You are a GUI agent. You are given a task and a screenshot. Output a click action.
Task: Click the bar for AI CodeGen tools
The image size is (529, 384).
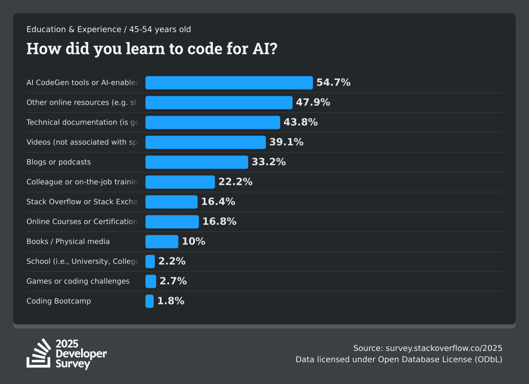pos(229,83)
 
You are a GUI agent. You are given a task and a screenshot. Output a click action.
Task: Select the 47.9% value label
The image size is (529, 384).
pos(313,102)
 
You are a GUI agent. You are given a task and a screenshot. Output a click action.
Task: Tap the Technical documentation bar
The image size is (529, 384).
pos(212,122)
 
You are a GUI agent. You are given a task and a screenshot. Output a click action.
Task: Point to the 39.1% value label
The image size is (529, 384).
pos(287,142)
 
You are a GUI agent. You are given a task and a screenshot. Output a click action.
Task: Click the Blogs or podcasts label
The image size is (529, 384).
pos(59,162)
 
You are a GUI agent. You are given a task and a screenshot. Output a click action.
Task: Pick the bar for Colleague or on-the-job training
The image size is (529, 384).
pos(180,182)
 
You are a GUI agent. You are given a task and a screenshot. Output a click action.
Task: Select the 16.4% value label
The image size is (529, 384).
pos(218,202)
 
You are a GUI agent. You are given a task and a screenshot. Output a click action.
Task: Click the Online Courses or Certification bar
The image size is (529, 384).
pos(172,222)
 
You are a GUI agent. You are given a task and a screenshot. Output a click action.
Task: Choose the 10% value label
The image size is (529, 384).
pos(194,241)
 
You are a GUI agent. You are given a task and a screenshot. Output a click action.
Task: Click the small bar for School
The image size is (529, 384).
pos(150,261)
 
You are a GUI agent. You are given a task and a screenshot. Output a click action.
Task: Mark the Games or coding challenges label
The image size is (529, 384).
pos(78,281)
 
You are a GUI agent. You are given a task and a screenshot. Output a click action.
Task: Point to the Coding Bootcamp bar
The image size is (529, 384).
pos(149,301)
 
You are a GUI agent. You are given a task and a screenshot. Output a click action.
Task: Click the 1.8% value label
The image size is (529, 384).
pos(171,301)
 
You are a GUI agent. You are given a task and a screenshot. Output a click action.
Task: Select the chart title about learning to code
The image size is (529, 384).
pos(152,49)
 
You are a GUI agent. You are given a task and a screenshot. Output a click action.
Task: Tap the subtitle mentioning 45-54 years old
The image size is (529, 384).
pos(108,30)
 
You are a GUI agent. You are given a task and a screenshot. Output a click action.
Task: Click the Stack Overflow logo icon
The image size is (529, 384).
pos(39,353)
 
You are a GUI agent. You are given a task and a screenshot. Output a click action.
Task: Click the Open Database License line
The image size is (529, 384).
pos(399,359)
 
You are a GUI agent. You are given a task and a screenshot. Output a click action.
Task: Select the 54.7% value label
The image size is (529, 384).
pos(333,83)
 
